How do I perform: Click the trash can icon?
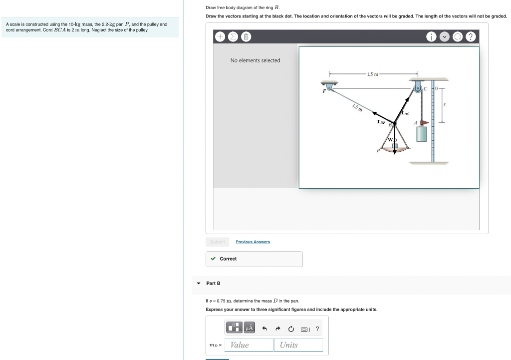pos(246,37)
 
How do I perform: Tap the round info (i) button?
pos(431,37)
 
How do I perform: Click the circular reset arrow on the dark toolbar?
pos(458,37)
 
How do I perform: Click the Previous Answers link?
pos(253,242)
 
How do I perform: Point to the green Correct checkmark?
pos(213,259)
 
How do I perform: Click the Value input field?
pos(249,345)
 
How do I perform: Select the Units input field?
pos(298,345)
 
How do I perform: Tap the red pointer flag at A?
pos(423,122)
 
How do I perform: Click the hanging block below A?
pos(422,134)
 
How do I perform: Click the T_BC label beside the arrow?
pos(405,114)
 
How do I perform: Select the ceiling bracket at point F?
pos(328,85)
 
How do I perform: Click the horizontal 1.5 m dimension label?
pos(372,74)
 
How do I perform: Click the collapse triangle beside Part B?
pos(199,283)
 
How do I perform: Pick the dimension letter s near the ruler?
pos(445,105)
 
